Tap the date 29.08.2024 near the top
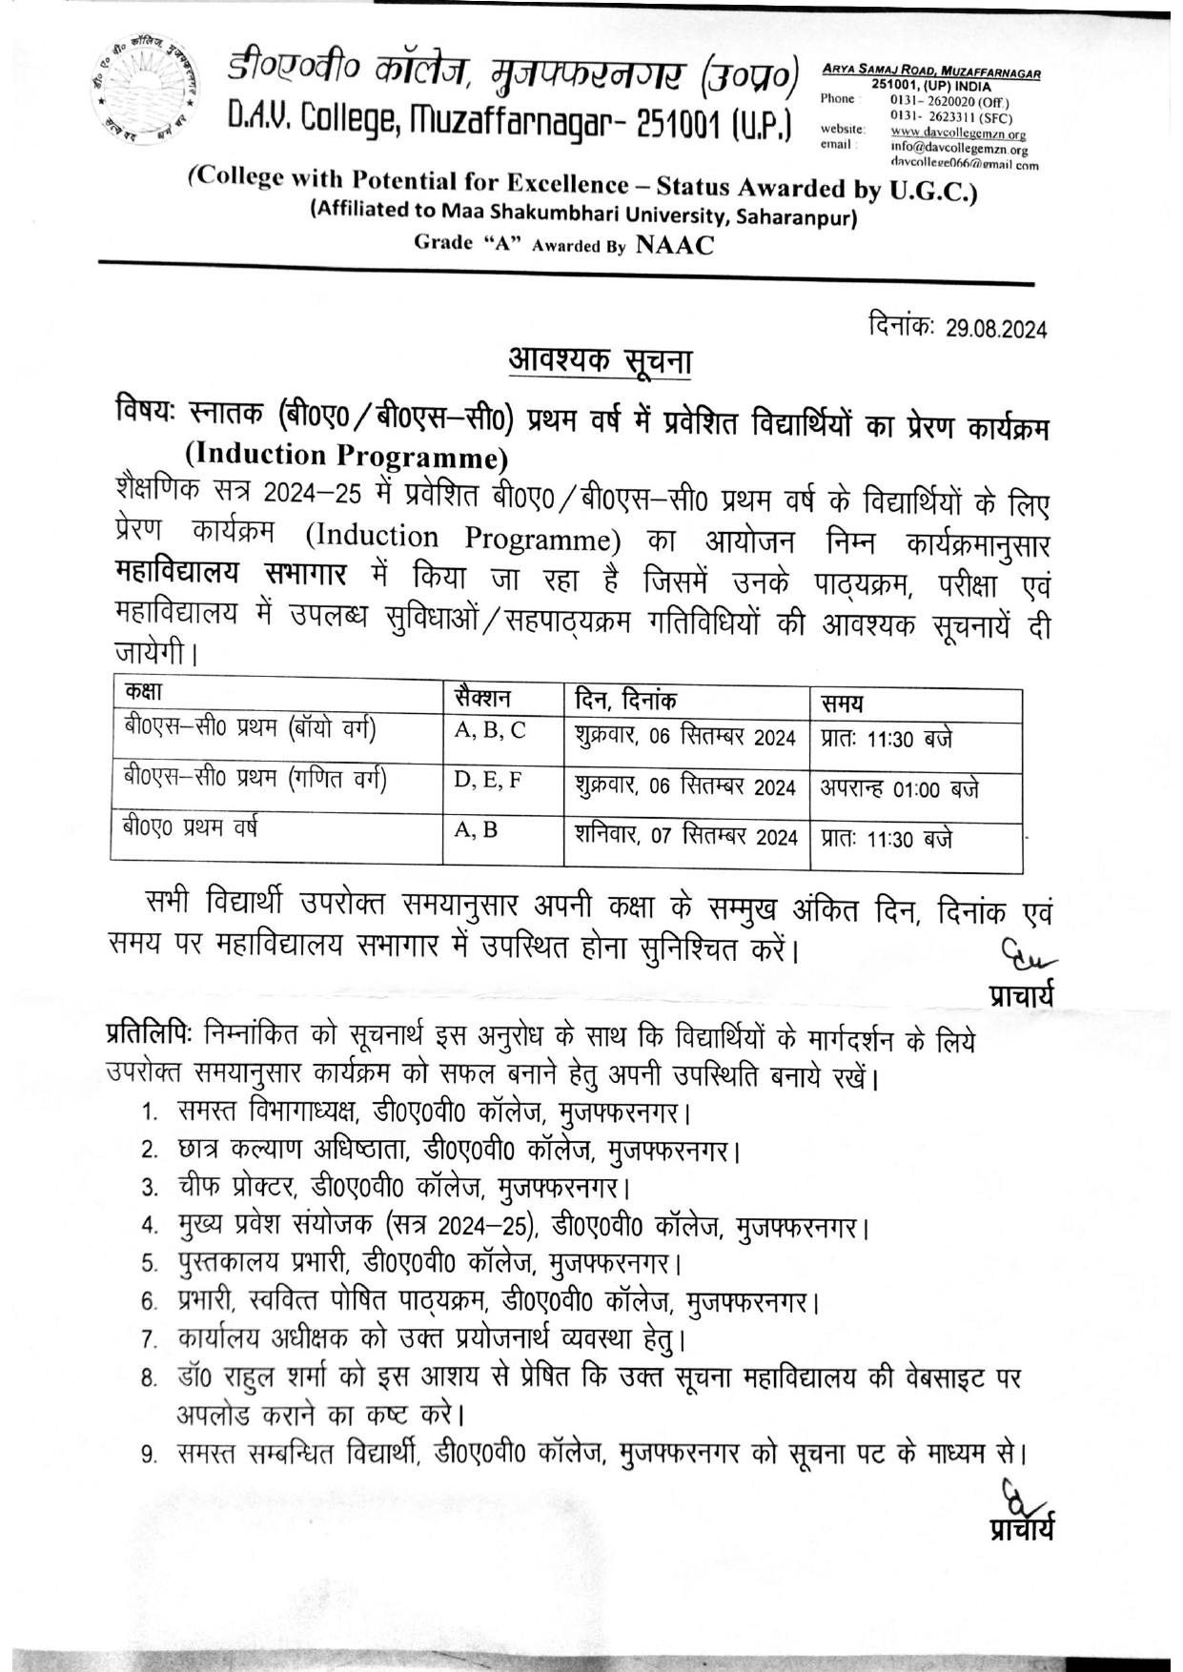tap(996, 329)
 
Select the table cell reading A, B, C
tap(490, 731)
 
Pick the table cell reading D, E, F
tap(488, 781)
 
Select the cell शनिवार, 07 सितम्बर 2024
tap(685, 837)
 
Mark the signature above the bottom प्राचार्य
tap(1020, 1499)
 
